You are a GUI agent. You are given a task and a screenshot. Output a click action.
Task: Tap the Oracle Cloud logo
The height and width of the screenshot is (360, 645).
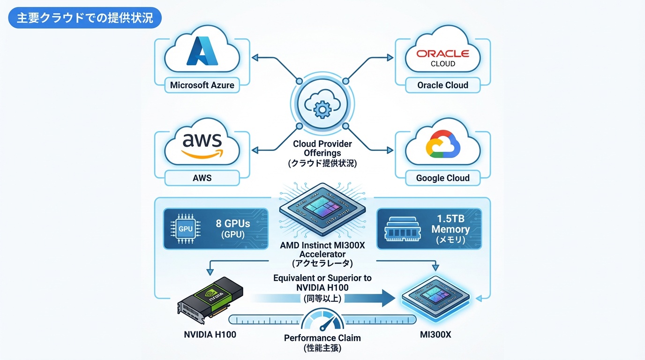pyautogui.click(x=442, y=57)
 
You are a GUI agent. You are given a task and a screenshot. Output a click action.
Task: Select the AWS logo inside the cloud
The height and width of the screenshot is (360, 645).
pyautogui.click(x=202, y=143)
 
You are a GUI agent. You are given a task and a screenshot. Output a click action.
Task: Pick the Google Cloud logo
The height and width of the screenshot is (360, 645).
pyautogui.click(x=442, y=143)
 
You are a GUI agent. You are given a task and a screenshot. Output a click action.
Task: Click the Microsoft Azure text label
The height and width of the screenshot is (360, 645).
pyautogui.click(x=202, y=85)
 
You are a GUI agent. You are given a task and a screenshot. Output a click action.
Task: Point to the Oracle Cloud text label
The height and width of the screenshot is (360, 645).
pyautogui.click(x=442, y=85)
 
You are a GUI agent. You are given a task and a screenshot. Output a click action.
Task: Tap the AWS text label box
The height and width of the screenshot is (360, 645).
pyautogui.click(x=202, y=178)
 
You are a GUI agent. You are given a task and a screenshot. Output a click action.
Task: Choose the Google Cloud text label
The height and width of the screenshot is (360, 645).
pyautogui.click(x=442, y=178)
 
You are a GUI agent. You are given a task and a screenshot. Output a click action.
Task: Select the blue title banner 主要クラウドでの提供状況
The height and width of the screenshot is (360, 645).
pyautogui.click(x=85, y=18)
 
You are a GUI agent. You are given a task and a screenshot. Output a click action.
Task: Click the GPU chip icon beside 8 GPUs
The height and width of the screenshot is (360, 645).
pyautogui.click(x=186, y=229)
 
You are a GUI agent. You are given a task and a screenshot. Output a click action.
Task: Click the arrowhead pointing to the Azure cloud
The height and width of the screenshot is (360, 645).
pyautogui.click(x=255, y=58)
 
